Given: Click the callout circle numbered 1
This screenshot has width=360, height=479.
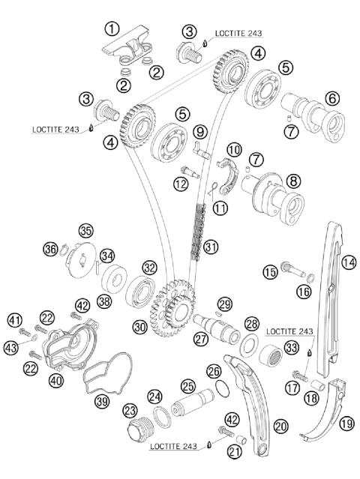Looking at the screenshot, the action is coord(112,29).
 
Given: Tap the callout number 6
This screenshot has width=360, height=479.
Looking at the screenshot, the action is coord(332,99).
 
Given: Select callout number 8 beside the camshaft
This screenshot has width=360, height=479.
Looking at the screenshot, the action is coord(293,181).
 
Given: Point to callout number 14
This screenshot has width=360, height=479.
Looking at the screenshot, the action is coord(349,262).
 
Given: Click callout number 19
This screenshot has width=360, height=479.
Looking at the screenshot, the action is coord(346,424).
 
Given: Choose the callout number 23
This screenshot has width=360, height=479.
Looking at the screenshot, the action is coord(130,411).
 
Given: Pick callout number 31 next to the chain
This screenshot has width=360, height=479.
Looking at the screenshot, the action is coord(211,247).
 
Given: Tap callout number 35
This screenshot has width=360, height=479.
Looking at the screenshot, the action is coord(86,231).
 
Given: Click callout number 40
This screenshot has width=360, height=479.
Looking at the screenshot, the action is coord(56,381).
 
